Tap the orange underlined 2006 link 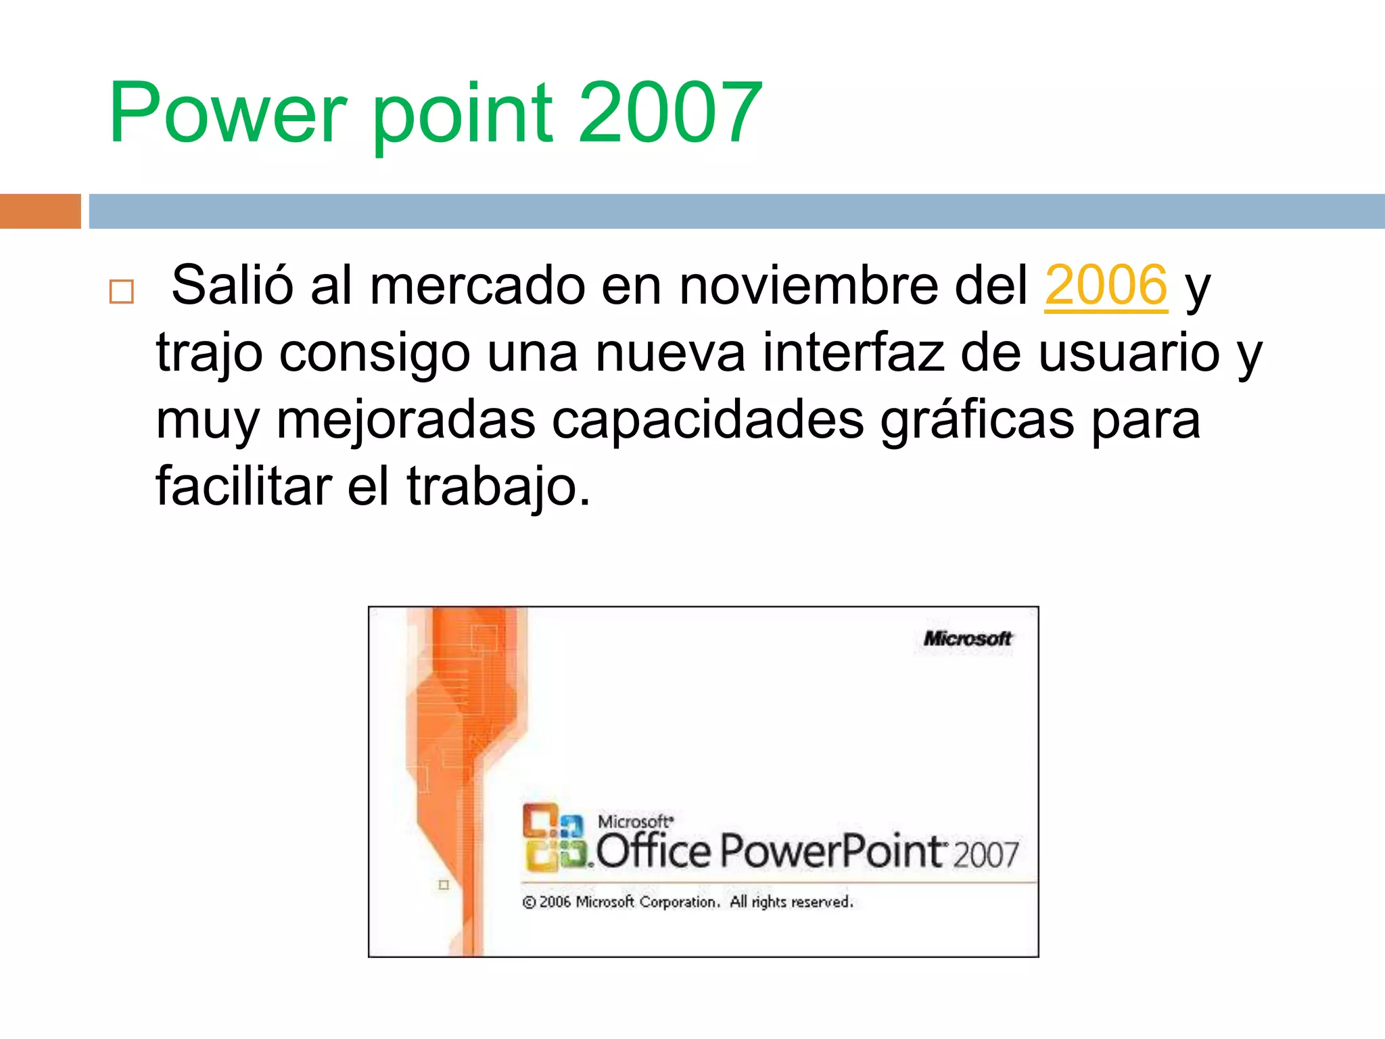point(1106,285)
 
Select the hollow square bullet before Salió point(122,292)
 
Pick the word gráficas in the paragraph point(977,420)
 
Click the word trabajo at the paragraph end point(498,486)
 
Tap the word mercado point(477,285)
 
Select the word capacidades point(707,420)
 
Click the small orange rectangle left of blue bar point(40,211)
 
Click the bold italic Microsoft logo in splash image point(967,639)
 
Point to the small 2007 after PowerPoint point(985,855)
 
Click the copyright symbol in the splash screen point(529,902)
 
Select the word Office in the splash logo point(653,851)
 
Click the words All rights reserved point(791,902)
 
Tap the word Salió point(232,285)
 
